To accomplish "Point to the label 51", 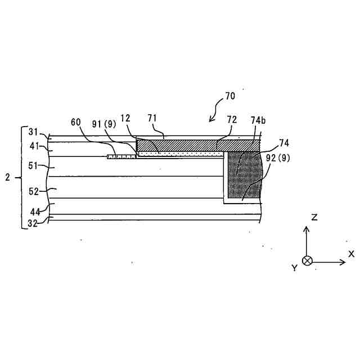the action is click(34, 166).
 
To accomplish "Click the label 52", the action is click(34, 191).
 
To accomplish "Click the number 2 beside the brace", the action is click(7, 177).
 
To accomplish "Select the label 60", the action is click(76, 121).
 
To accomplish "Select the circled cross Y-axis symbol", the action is click(307, 261).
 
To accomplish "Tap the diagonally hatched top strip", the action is click(197, 145).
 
